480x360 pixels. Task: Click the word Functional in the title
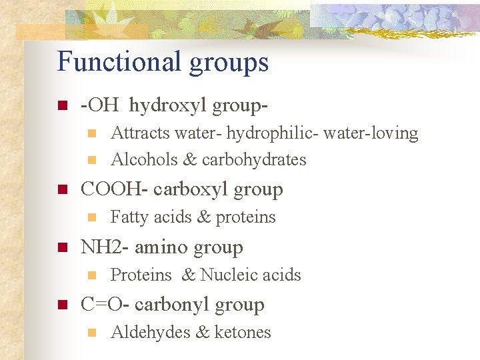coord(110,62)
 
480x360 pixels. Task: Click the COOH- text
coord(113,189)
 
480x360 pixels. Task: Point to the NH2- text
coord(105,247)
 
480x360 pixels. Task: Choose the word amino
coord(162,247)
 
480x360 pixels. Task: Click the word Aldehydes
coord(148,332)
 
